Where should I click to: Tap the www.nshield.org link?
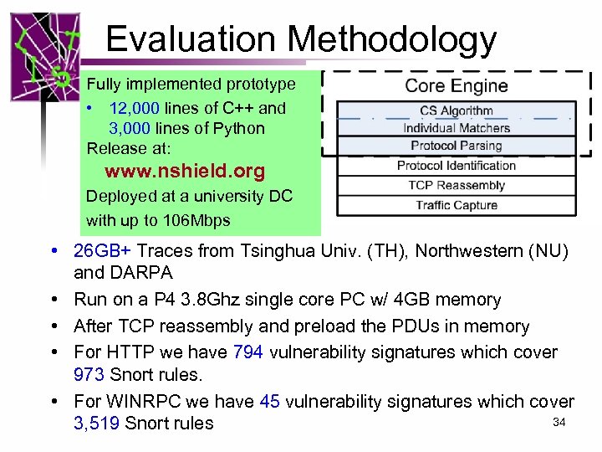coord(184,172)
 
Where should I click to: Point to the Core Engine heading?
coord(456,85)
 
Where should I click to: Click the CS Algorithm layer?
coord(456,110)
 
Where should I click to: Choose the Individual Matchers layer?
coord(456,128)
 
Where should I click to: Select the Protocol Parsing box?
coord(456,146)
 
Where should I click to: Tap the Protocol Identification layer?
coord(456,166)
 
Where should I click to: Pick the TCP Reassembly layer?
coord(456,185)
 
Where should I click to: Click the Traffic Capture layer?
coord(456,205)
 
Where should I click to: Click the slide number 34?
coord(559,422)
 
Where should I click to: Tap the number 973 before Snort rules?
coord(90,374)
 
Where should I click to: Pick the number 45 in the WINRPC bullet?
coord(269,402)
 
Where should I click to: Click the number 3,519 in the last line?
coord(97,424)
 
